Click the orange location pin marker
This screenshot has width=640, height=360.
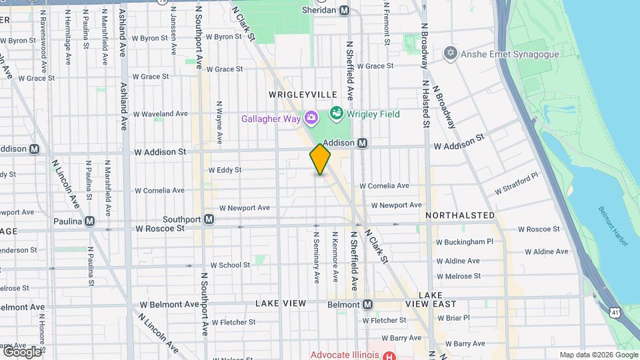point(320,159)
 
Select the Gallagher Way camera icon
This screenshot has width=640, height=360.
point(311,119)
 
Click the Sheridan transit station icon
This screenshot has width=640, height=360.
point(344,10)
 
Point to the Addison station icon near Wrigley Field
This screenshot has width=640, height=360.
point(363,143)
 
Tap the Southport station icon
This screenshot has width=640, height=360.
point(209,219)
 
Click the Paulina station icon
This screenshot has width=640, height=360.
point(89,221)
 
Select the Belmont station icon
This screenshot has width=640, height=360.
point(367,304)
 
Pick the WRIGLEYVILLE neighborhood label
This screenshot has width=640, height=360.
point(303,95)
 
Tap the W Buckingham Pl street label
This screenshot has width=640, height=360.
point(465,242)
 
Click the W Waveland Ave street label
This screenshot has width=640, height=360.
point(160,114)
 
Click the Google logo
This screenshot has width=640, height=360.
point(22,351)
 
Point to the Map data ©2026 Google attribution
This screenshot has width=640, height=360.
point(597,355)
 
